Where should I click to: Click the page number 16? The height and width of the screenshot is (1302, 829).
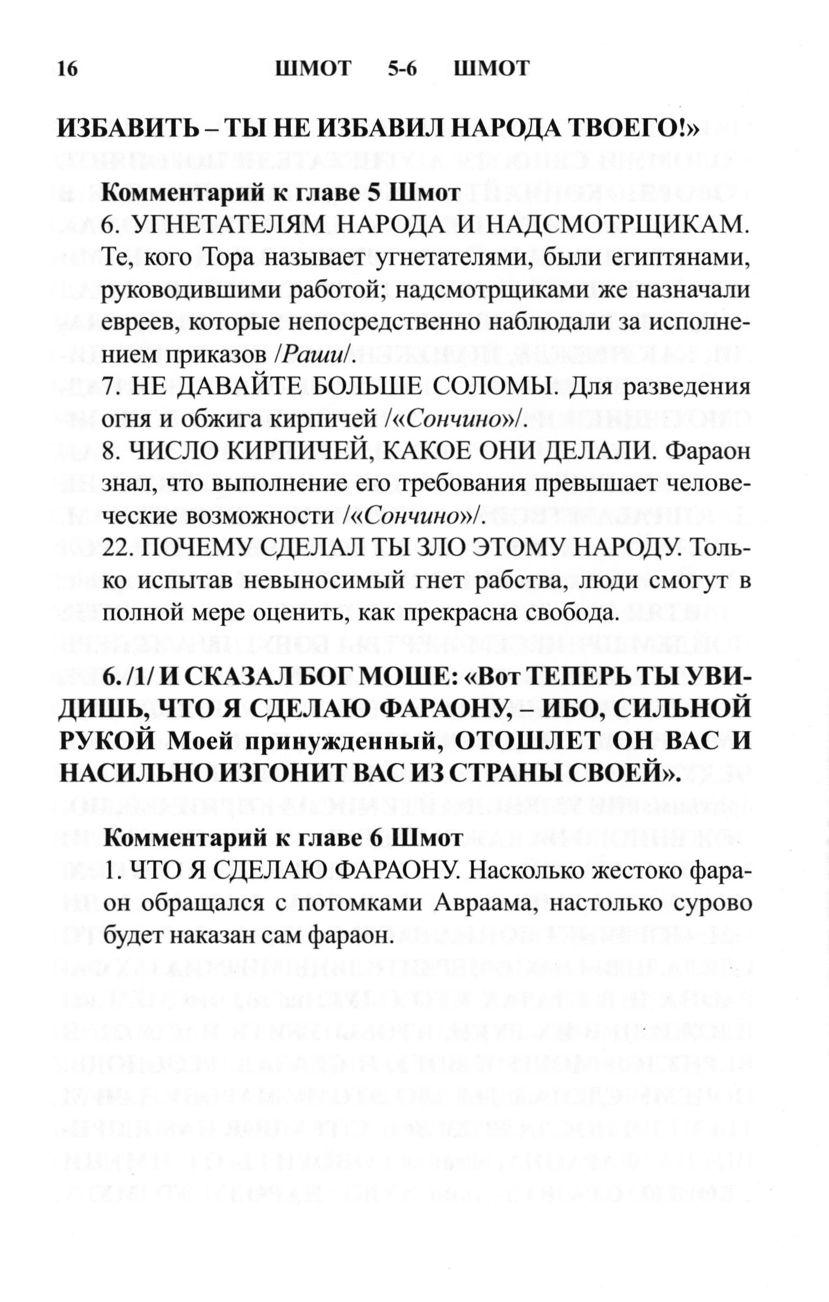coord(68,69)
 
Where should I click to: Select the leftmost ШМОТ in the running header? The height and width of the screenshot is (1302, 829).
coord(313,69)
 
